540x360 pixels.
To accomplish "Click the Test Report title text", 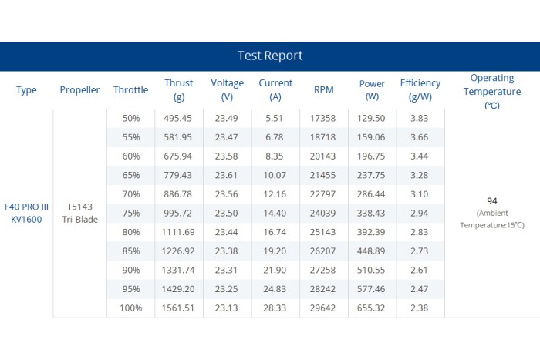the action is click(x=270, y=56).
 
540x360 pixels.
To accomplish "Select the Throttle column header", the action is click(x=131, y=90).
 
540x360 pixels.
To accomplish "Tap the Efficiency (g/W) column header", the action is click(x=420, y=90).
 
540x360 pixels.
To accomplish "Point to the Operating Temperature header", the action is click(x=492, y=91).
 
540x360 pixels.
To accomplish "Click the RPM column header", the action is click(x=324, y=90).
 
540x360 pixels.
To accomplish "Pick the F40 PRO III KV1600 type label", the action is click(x=26, y=213).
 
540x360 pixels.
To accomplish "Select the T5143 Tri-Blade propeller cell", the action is click(x=80, y=213).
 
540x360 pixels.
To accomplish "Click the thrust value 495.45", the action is click(x=177, y=119).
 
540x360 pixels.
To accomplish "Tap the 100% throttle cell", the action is click(x=131, y=308).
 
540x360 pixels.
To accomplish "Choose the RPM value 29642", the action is click(x=322, y=308).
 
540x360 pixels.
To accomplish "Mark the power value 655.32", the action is click(x=371, y=308).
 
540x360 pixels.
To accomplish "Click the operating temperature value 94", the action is click(x=492, y=201).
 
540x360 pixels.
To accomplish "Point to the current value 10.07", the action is click(x=275, y=175).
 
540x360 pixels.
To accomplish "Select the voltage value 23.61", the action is click(x=226, y=175).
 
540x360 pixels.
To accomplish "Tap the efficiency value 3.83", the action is click(x=419, y=119).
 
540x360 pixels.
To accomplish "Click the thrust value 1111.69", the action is click(x=178, y=232).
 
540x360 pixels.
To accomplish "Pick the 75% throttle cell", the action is click(x=131, y=214).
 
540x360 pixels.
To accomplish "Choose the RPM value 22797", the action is click(x=322, y=194).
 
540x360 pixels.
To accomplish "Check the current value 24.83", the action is click(x=275, y=289).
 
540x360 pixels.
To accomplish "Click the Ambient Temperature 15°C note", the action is click(x=492, y=219).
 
